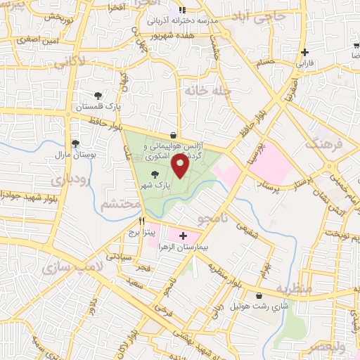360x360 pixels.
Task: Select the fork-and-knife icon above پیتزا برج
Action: click(x=141, y=220)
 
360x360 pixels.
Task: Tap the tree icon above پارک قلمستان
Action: click(x=98, y=96)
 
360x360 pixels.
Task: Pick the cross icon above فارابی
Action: click(x=304, y=52)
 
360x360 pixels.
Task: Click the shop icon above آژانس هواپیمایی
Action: click(x=174, y=135)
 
